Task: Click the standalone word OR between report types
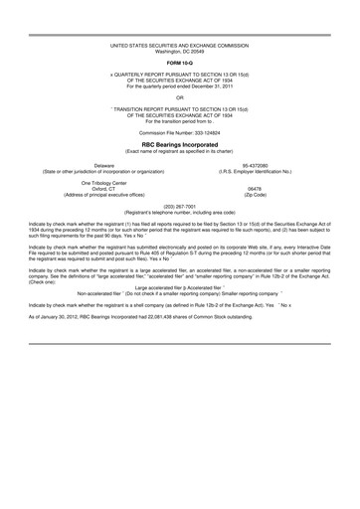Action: click(x=179, y=97)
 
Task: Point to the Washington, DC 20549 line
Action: click(x=179, y=51)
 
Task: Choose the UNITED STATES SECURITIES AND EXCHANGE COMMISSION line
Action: click(x=179, y=46)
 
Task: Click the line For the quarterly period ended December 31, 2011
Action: click(x=179, y=86)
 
